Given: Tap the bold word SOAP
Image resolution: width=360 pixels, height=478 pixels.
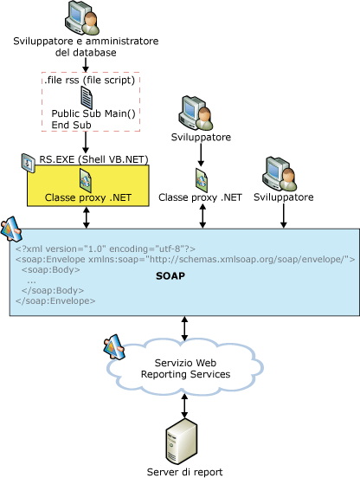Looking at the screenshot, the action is [x=170, y=276].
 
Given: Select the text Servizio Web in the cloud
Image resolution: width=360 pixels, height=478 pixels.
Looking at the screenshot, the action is [x=185, y=363].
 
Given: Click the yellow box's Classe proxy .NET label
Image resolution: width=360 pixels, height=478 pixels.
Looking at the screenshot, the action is [x=88, y=197].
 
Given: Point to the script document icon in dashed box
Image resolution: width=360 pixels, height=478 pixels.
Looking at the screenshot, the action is [x=87, y=97].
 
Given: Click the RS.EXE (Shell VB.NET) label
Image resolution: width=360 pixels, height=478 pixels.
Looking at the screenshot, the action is [x=93, y=159].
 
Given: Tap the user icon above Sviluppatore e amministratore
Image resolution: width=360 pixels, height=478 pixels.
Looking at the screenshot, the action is [x=82, y=17].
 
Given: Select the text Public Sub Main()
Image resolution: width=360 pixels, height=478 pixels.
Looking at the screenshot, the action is [x=93, y=113].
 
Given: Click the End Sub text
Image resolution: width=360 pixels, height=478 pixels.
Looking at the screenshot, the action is [x=71, y=125].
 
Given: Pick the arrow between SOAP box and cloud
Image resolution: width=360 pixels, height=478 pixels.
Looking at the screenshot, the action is [x=184, y=328].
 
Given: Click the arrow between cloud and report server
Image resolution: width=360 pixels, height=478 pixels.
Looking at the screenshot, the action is [x=184, y=406].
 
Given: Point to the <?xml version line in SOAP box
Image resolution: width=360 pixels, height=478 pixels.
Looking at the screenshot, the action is [x=106, y=249].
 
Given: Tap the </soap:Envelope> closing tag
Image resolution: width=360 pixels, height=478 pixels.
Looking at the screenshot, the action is [x=55, y=300].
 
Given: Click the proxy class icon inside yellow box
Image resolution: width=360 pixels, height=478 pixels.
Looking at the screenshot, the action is [x=86, y=180].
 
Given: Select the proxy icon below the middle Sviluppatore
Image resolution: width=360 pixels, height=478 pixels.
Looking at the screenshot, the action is [x=202, y=180].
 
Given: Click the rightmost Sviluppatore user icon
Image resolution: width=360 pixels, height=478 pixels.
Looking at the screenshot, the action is [x=280, y=174].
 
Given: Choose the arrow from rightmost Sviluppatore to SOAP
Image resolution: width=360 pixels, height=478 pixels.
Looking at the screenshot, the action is [x=284, y=216].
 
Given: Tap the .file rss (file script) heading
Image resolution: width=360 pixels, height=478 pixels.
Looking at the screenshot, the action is [x=89, y=80].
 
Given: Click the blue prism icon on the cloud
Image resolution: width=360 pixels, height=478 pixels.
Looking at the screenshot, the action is [x=114, y=347].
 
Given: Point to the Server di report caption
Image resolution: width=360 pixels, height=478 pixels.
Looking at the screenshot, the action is [x=185, y=472].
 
